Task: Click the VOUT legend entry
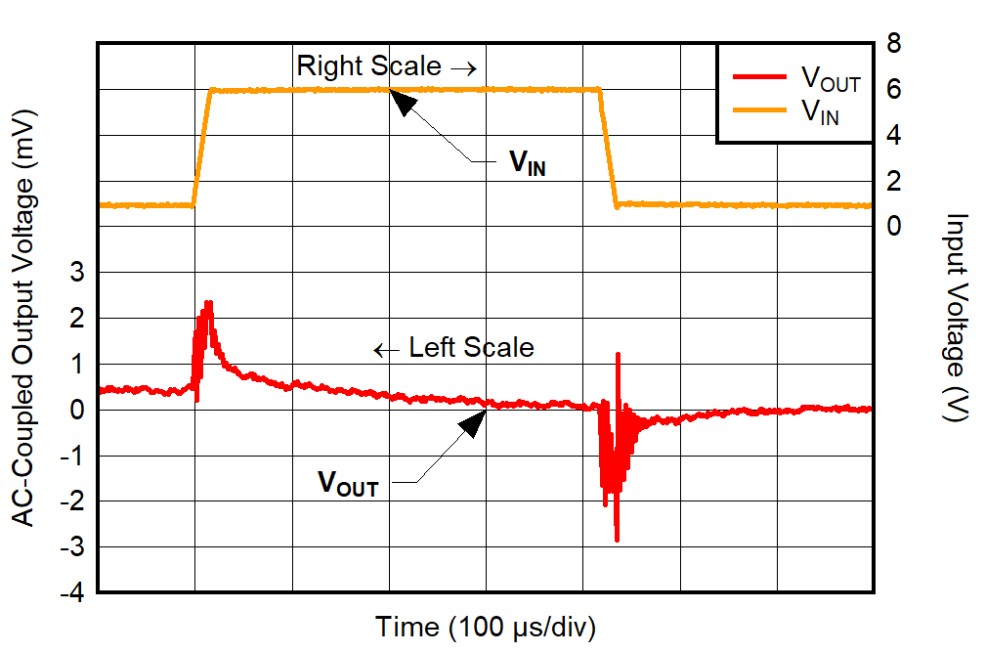830,79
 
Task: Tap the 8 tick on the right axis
893,43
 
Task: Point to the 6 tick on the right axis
893,89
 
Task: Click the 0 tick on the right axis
893,226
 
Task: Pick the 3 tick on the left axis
74,273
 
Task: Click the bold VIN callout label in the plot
527,163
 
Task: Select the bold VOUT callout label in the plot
347,482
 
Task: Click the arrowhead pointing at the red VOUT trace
473,421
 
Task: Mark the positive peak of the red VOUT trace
208,304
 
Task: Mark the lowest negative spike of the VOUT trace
617,539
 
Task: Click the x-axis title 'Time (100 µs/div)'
486,627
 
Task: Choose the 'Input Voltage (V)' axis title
956,318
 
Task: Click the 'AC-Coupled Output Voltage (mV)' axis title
23,318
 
